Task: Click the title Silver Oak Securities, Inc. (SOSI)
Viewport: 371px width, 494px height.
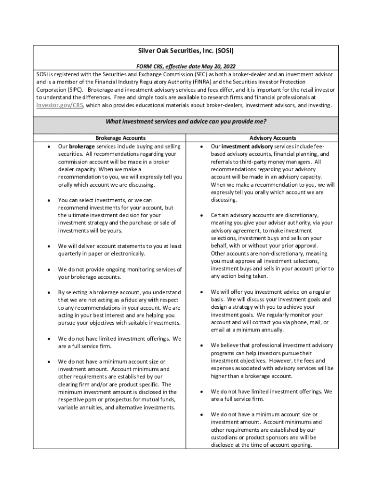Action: tap(185, 51)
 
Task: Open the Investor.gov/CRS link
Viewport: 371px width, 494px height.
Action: tap(60, 105)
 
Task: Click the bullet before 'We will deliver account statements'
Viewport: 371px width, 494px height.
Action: tap(48, 247)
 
